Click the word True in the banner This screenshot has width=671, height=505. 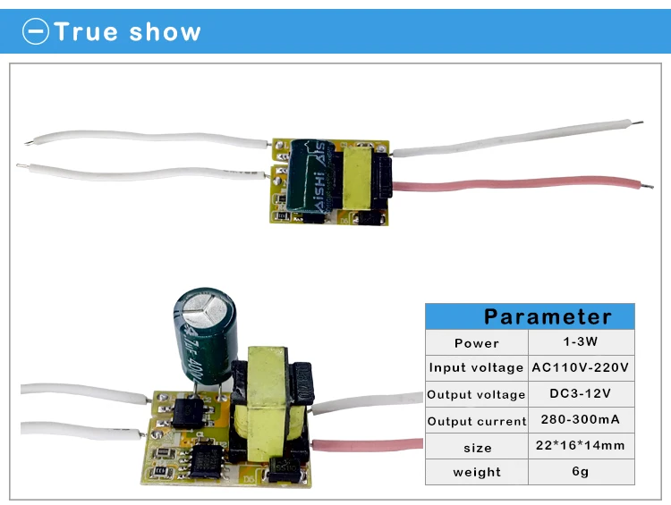(x=86, y=31)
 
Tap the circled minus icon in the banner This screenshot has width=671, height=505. (x=36, y=31)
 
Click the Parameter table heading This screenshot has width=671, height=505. (x=548, y=317)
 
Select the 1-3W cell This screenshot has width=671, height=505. (x=581, y=341)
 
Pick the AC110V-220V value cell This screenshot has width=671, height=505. (x=581, y=367)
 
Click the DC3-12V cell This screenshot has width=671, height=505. (x=581, y=393)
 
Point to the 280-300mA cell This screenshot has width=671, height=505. (x=581, y=419)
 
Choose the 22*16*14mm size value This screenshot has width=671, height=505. (x=581, y=445)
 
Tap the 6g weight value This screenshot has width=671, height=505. (x=581, y=471)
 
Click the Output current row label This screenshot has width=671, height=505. (x=477, y=421)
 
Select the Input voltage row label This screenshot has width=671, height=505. (x=476, y=367)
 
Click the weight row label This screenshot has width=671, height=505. (x=477, y=472)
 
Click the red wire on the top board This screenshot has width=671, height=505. (x=521, y=184)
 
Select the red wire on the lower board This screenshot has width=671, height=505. (x=367, y=445)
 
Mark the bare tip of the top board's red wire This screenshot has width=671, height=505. (x=648, y=186)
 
